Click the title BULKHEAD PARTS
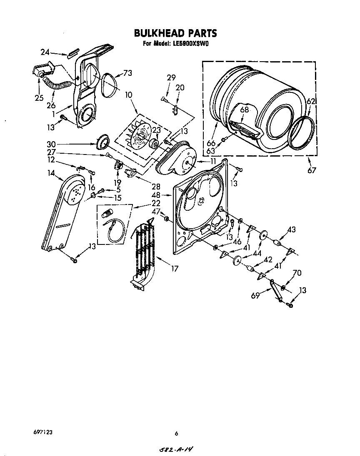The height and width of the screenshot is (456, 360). point(175,33)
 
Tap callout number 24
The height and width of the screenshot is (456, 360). point(45,52)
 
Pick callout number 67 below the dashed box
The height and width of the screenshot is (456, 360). point(312,170)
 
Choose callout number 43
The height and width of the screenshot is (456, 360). point(291,229)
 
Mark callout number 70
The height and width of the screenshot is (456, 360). point(297,273)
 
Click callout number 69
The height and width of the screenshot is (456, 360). point(255,295)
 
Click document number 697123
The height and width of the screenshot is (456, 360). point(43,433)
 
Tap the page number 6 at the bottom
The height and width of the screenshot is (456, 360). point(176,434)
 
